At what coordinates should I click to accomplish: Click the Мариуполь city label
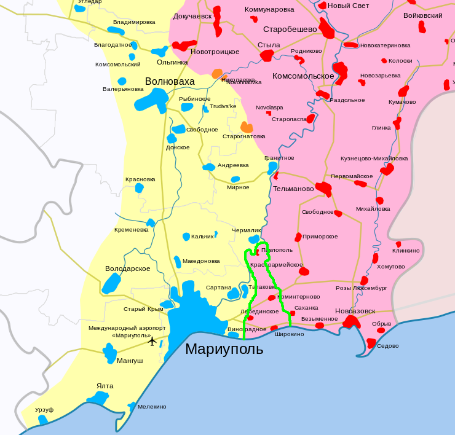(224, 350)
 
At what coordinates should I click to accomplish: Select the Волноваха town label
(170, 81)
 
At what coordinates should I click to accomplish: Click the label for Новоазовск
(355, 311)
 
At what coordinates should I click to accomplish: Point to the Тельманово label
(293, 189)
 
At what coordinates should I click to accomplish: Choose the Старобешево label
(290, 29)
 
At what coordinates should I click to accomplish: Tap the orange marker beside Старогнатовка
(247, 127)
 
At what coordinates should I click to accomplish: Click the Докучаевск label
(192, 16)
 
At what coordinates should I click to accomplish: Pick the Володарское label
(128, 268)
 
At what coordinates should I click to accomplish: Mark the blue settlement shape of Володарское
(112, 283)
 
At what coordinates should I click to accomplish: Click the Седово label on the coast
(387, 345)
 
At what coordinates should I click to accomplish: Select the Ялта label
(105, 386)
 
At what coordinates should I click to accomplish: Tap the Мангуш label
(130, 361)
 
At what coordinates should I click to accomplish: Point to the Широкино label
(289, 334)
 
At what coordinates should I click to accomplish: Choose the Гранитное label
(279, 158)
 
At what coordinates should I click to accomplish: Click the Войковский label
(422, 15)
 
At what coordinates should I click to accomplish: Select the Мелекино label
(152, 406)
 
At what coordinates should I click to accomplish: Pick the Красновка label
(140, 179)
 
